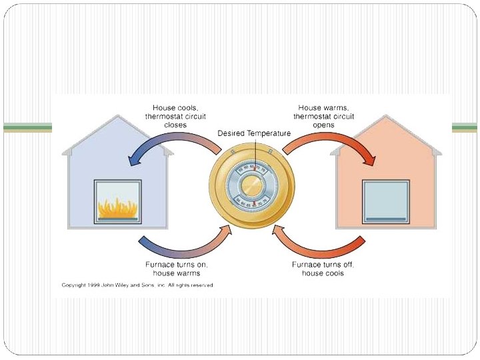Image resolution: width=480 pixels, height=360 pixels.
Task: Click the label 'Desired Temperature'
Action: tap(254, 133)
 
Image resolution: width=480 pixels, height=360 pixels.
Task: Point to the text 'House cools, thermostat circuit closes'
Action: tap(175, 116)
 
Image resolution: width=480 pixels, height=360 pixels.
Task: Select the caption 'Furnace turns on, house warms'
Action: tap(176, 268)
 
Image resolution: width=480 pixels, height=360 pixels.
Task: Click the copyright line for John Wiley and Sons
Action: tap(138, 285)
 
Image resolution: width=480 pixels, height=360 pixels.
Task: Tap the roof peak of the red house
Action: tap(387, 117)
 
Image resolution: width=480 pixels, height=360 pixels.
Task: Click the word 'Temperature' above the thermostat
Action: tap(269, 133)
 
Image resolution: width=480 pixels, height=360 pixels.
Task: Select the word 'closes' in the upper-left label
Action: tap(175, 125)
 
